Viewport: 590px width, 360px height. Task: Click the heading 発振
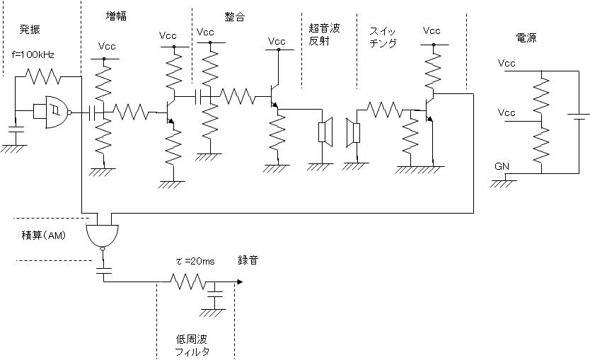point(30,29)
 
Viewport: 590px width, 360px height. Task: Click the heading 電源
point(526,37)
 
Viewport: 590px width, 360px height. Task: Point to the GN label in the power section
point(502,166)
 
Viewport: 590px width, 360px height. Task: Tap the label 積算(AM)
point(43,235)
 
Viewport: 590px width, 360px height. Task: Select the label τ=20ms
point(195,262)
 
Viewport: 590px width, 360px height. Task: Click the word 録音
point(248,260)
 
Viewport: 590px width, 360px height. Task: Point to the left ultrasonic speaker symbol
point(325,132)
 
